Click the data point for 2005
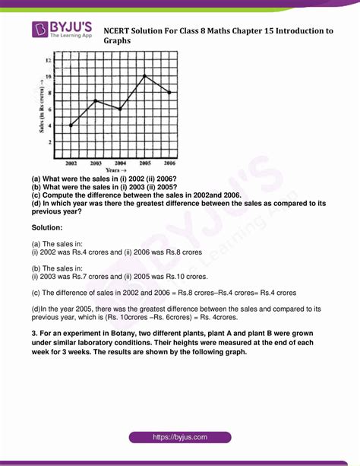144,76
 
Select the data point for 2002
71,125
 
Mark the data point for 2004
120,109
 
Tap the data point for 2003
95,100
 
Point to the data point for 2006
169,93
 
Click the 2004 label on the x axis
120,163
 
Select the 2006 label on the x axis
169,163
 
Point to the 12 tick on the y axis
49,60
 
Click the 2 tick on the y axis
50,142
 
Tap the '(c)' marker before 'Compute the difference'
37,194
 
